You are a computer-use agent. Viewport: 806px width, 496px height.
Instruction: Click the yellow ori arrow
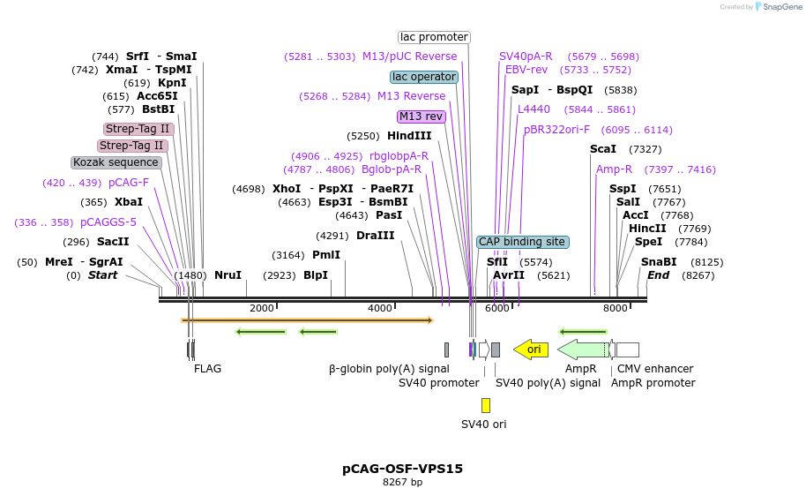click(x=531, y=349)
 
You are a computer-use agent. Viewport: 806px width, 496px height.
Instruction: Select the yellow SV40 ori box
click(x=486, y=405)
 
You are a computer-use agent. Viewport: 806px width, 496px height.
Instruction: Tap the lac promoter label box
click(x=434, y=37)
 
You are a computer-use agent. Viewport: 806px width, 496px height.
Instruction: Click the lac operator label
click(x=424, y=77)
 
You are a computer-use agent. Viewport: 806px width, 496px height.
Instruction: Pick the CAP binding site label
click(x=522, y=242)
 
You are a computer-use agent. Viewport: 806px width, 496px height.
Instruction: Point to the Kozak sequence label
click(x=116, y=162)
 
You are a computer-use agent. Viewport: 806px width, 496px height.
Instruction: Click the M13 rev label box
click(x=422, y=116)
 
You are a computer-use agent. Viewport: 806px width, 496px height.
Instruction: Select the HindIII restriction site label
click(x=409, y=136)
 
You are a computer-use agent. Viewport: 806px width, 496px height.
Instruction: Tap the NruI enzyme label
click(x=228, y=275)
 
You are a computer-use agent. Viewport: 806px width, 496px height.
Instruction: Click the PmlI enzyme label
click(x=326, y=255)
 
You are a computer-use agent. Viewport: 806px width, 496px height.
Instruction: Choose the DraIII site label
click(x=376, y=236)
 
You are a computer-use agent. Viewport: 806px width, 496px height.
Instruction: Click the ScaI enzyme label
click(x=603, y=149)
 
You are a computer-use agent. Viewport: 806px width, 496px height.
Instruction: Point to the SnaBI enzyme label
click(x=659, y=262)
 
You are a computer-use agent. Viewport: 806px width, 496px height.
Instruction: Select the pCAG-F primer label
click(x=129, y=183)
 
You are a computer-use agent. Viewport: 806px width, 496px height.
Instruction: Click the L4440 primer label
click(x=534, y=109)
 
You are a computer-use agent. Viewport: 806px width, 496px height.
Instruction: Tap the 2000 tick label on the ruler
click(x=262, y=308)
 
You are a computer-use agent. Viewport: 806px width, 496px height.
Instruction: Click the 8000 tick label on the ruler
click(x=616, y=308)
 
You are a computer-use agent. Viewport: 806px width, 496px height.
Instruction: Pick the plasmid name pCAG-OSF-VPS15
click(x=402, y=469)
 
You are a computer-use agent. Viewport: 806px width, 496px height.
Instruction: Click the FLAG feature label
click(x=208, y=369)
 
